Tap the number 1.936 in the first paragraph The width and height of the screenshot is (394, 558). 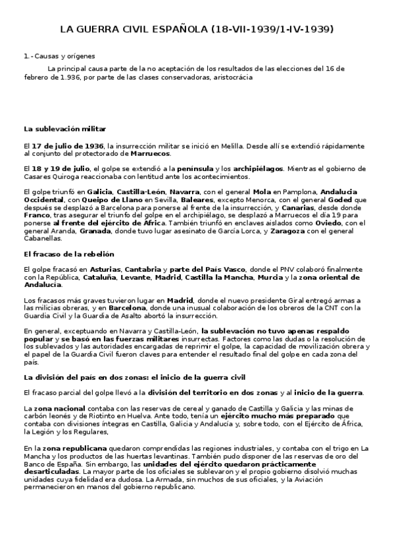click(66, 77)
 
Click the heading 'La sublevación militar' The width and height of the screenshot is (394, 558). click(64, 128)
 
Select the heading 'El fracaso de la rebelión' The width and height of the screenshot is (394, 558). click(69, 254)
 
